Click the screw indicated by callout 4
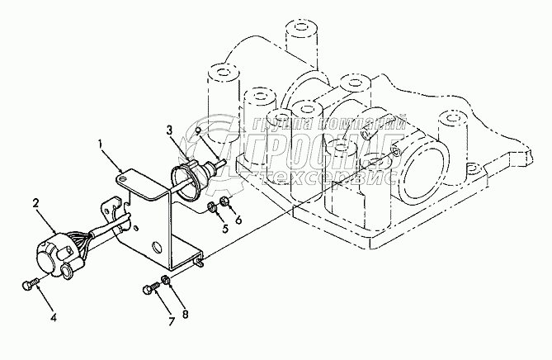(28, 286)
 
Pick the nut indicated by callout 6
(224, 202)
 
